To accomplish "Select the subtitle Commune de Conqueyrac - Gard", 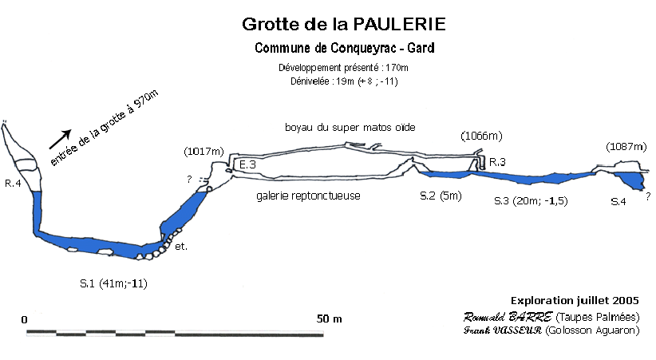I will tap(344, 49).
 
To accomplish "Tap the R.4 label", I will tap(12, 184).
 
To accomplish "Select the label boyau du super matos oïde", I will tap(350, 128).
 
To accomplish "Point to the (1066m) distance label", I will tap(481, 136).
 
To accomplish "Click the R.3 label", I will tap(497, 162).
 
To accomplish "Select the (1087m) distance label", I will tap(626, 146).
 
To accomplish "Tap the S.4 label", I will tap(618, 202).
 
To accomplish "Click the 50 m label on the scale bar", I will tap(330, 318).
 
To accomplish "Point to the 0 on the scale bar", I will tap(25, 318).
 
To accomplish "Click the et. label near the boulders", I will tap(181, 246).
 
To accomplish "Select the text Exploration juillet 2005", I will tap(574, 300).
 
